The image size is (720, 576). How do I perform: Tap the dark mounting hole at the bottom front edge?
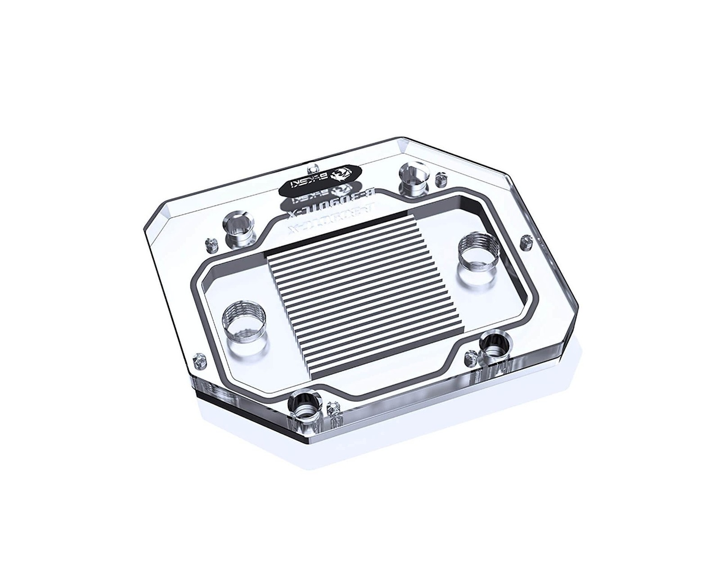tap(305, 406)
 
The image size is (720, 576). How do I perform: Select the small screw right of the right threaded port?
tap(524, 243)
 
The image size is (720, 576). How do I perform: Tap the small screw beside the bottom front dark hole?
tap(333, 409)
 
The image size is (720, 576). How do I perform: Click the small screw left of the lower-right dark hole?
tap(469, 358)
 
